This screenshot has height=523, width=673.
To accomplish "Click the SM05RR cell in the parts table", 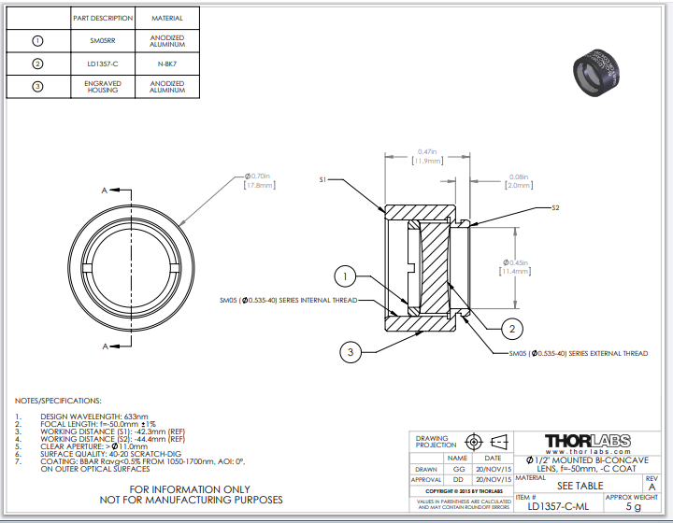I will click(103, 41).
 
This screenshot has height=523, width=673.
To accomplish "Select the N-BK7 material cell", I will click(167, 64).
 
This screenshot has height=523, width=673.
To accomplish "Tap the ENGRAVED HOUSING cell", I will click(103, 87).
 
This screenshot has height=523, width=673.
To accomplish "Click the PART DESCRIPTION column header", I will click(103, 18).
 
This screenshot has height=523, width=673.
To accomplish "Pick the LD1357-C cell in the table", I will click(103, 64).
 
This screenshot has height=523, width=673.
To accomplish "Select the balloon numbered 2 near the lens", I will click(511, 328).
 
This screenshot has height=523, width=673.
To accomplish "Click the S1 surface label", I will click(322, 178).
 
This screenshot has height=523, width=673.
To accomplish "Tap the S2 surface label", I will click(555, 207).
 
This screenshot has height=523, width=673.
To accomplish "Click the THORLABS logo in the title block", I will click(586, 441).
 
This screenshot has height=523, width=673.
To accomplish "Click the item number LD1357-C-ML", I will click(558, 507).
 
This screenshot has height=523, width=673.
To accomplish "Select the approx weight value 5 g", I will click(633, 507).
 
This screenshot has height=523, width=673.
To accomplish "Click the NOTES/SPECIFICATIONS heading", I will click(58, 400).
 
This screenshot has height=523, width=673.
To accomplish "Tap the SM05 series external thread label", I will click(578, 354).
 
